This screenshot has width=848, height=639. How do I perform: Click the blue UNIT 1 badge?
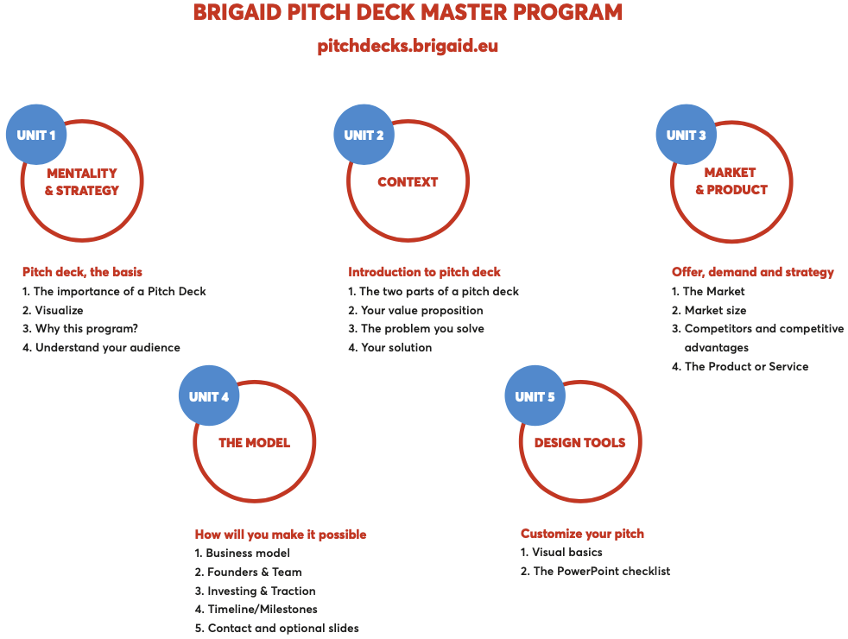point(36,135)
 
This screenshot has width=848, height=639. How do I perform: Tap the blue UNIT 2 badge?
point(364,135)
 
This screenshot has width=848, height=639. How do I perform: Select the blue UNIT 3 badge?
point(687,135)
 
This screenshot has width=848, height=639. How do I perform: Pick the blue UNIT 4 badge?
point(209,395)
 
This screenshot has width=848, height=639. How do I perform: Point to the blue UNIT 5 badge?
point(535,395)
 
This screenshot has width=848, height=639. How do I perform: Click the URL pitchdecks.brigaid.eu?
point(408,46)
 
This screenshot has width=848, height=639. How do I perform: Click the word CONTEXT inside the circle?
point(408,181)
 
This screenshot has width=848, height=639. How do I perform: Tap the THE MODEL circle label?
point(254,443)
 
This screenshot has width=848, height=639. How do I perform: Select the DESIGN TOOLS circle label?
point(579,443)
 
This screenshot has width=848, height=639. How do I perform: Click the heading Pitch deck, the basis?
point(82,272)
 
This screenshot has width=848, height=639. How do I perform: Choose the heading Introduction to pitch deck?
point(425,272)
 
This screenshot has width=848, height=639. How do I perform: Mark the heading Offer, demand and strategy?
point(753,272)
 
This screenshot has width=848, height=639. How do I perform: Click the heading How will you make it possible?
point(281,535)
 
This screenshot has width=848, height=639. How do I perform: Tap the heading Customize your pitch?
point(582,534)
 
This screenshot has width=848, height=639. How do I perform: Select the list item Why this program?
point(80,329)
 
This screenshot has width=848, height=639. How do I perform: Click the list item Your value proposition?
point(416,310)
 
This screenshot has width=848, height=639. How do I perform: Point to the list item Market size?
point(709,310)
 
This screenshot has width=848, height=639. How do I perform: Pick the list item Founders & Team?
point(248,572)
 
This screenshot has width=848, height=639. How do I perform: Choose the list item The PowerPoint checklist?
point(596,571)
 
